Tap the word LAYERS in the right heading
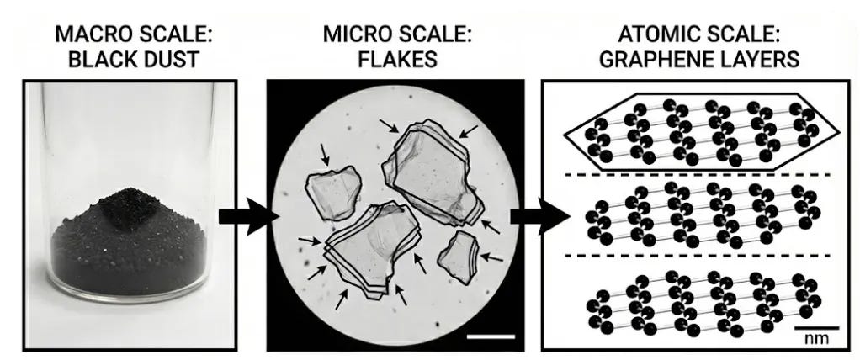click(765, 59)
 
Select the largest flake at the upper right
click(429, 168)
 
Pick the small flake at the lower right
click(460, 256)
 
